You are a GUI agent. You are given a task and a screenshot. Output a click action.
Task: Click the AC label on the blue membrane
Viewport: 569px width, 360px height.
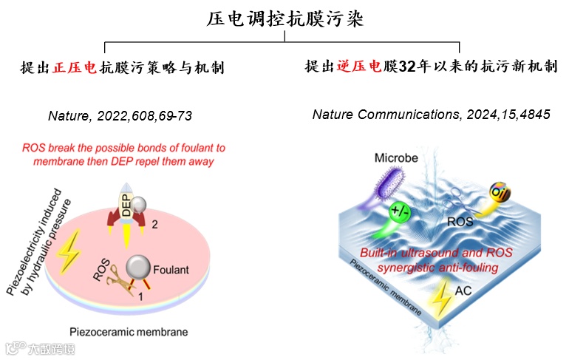(x=462, y=291)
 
